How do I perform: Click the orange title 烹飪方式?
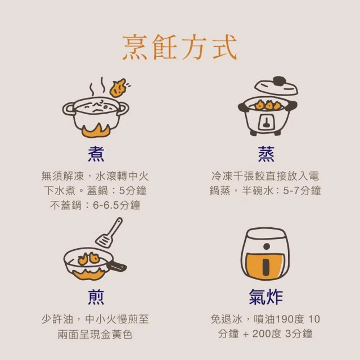tap(180, 47)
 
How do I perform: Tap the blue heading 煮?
tap(96, 154)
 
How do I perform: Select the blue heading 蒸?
tap(266, 154)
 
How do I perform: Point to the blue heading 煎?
tap(96, 297)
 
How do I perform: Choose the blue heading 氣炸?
tap(266, 297)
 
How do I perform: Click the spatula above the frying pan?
tap(109, 233)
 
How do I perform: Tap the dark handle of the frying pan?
tap(116, 266)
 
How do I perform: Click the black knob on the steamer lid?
tap(280, 81)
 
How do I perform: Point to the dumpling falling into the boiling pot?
tap(118, 88)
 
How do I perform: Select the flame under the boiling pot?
tap(96, 131)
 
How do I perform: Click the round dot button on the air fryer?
tap(267, 246)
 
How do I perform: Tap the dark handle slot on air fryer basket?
tap(265, 267)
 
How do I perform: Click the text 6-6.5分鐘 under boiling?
tap(116, 205)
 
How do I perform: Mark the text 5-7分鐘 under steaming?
tap(301, 191)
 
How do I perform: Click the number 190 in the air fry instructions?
tap(283, 319)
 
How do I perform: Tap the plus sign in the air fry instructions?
tap(246, 334)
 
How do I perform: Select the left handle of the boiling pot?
tap(69, 109)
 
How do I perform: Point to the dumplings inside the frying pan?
tap(89, 259)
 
